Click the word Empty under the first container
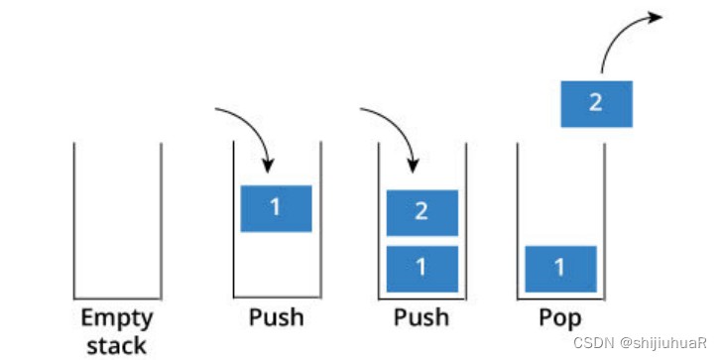point(117,318)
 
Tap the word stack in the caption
point(117,346)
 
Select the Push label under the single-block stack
point(277,318)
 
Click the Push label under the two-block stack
point(421,318)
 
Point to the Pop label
point(560,318)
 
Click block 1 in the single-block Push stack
point(277,208)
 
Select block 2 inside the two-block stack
point(422,212)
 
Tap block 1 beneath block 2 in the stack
point(422,269)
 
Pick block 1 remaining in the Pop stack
point(561,269)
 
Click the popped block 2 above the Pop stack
point(597,104)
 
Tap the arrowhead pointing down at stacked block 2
point(413,166)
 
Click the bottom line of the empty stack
point(117,299)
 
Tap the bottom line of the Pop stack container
point(561,299)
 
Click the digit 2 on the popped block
point(596,103)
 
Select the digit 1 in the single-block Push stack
point(276,207)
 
